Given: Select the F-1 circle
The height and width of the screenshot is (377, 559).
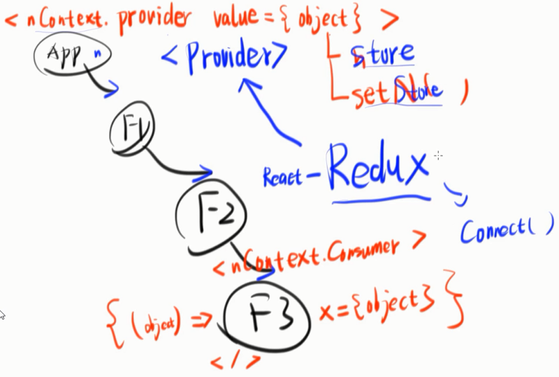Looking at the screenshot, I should (132, 128).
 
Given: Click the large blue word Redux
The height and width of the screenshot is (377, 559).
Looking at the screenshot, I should (378, 168).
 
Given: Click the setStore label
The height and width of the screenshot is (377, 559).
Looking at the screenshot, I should (396, 94).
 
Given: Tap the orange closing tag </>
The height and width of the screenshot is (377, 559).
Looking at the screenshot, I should (235, 362).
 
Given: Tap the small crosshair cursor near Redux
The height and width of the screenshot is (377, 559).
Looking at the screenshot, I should (438, 153).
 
